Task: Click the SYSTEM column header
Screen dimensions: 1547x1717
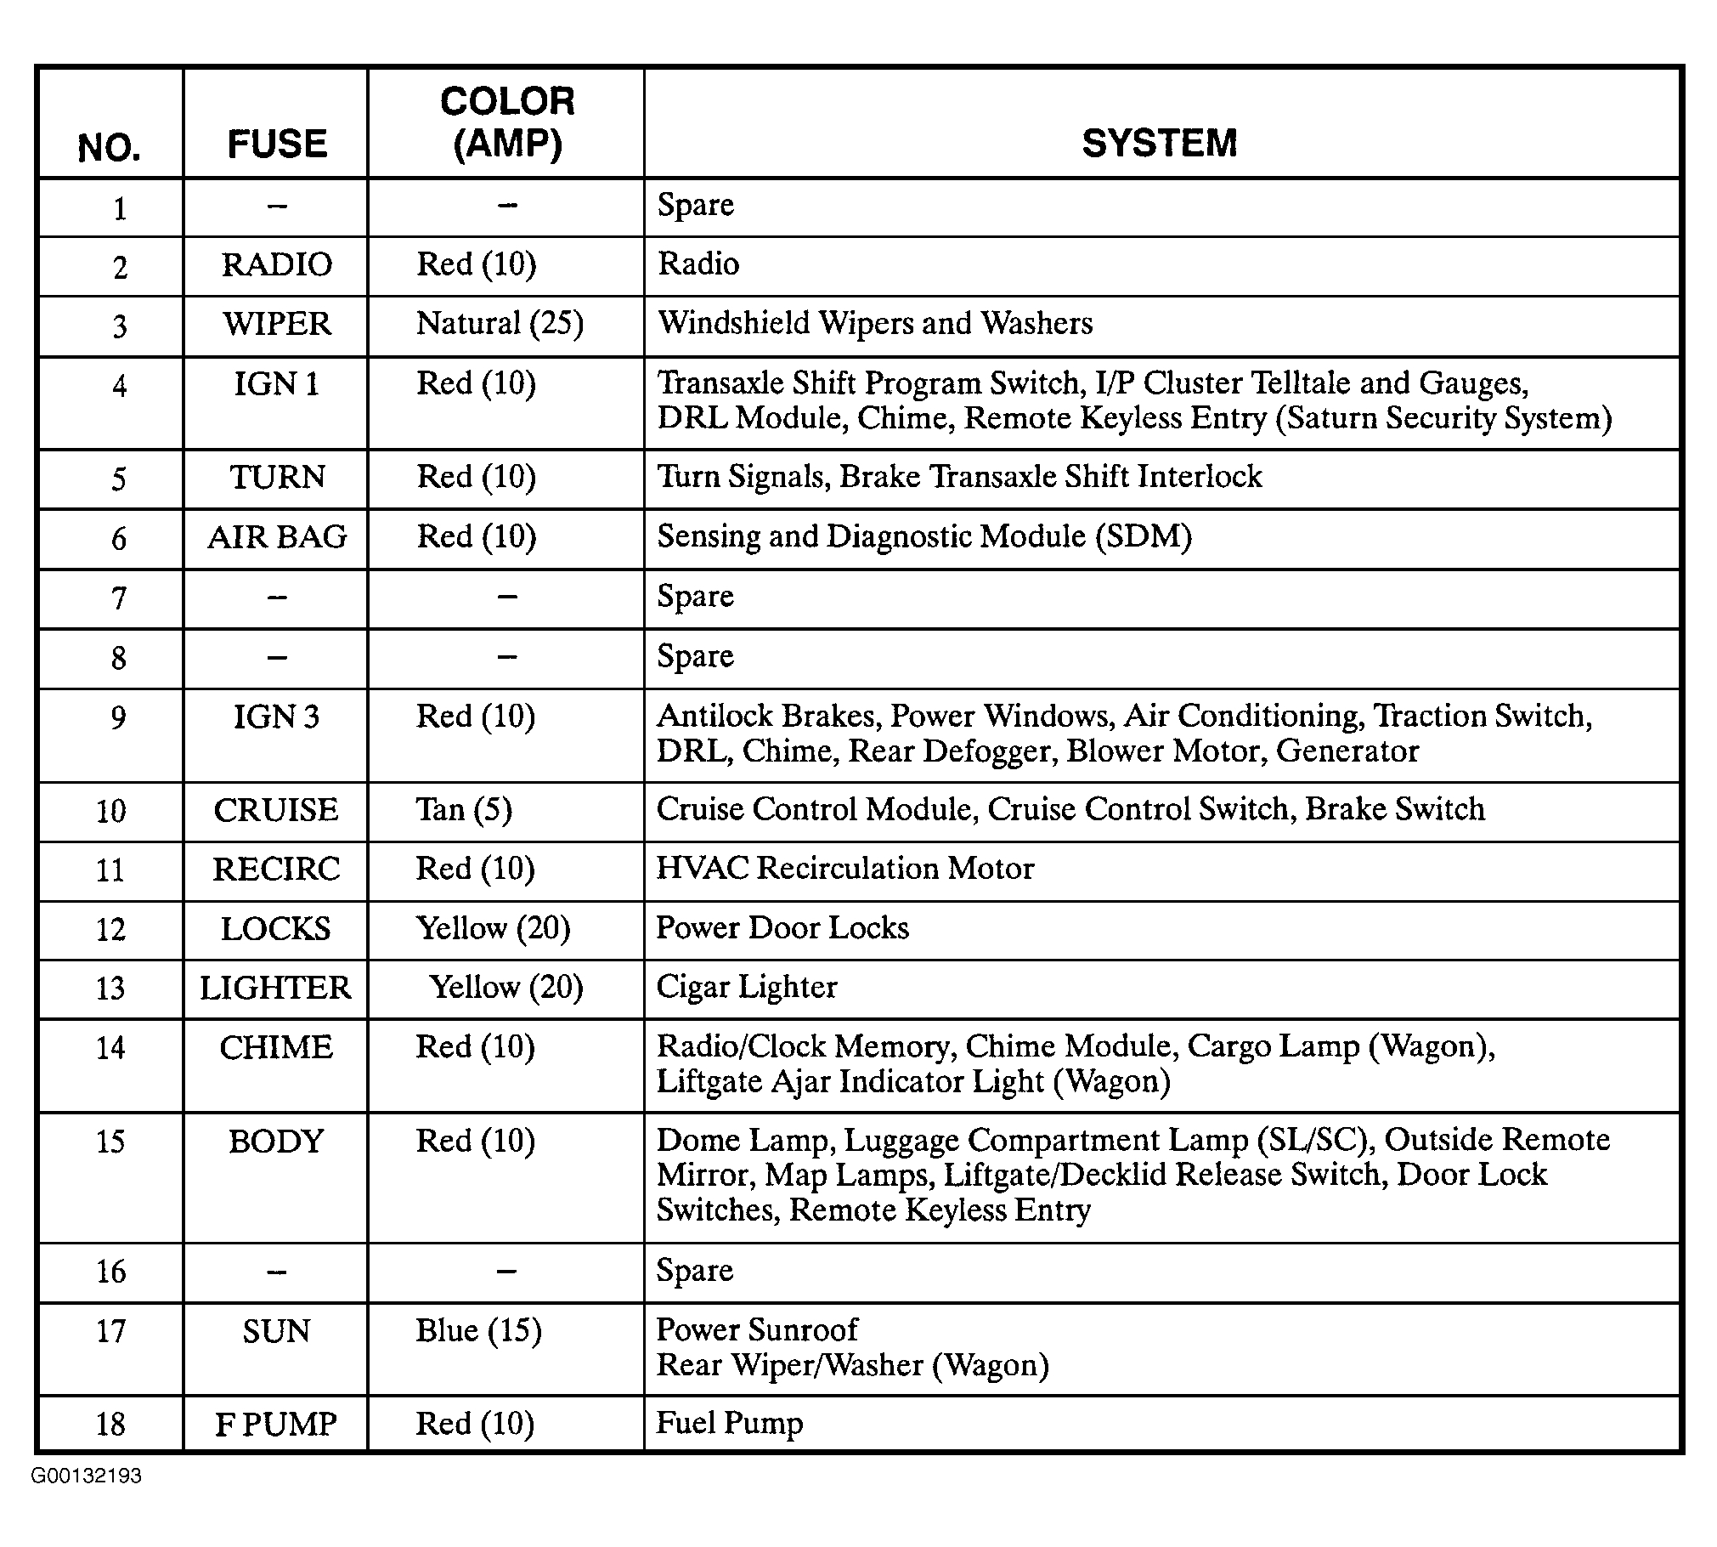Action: [x=1159, y=143]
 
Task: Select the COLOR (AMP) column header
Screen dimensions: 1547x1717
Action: [x=507, y=122]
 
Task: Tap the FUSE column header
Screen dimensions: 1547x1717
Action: [x=277, y=144]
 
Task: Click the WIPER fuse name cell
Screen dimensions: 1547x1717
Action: [x=277, y=324]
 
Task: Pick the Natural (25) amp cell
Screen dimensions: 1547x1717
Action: [x=500, y=324]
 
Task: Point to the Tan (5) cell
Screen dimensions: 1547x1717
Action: [x=464, y=809]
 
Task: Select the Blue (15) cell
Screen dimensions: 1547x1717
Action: [x=478, y=1330]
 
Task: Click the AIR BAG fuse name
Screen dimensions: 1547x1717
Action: [x=277, y=537]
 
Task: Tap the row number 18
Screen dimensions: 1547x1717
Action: [x=110, y=1425]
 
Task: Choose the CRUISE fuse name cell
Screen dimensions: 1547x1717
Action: [x=276, y=810]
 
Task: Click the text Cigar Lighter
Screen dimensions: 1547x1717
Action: [x=747, y=987]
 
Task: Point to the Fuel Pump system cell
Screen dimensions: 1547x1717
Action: [x=730, y=1423]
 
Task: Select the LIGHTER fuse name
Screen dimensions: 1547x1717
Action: [x=275, y=988]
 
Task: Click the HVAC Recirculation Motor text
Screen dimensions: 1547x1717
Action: [x=845, y=869]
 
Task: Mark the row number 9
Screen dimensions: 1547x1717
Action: [x=118, y=717]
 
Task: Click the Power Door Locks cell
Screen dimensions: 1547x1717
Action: [x=782, y=928]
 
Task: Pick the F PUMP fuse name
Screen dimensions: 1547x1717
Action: [x=276, y=1425]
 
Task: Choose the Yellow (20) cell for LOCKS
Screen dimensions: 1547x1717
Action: [x=493, y=928]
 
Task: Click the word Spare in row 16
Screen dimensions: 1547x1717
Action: [x=695, y=1271]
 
